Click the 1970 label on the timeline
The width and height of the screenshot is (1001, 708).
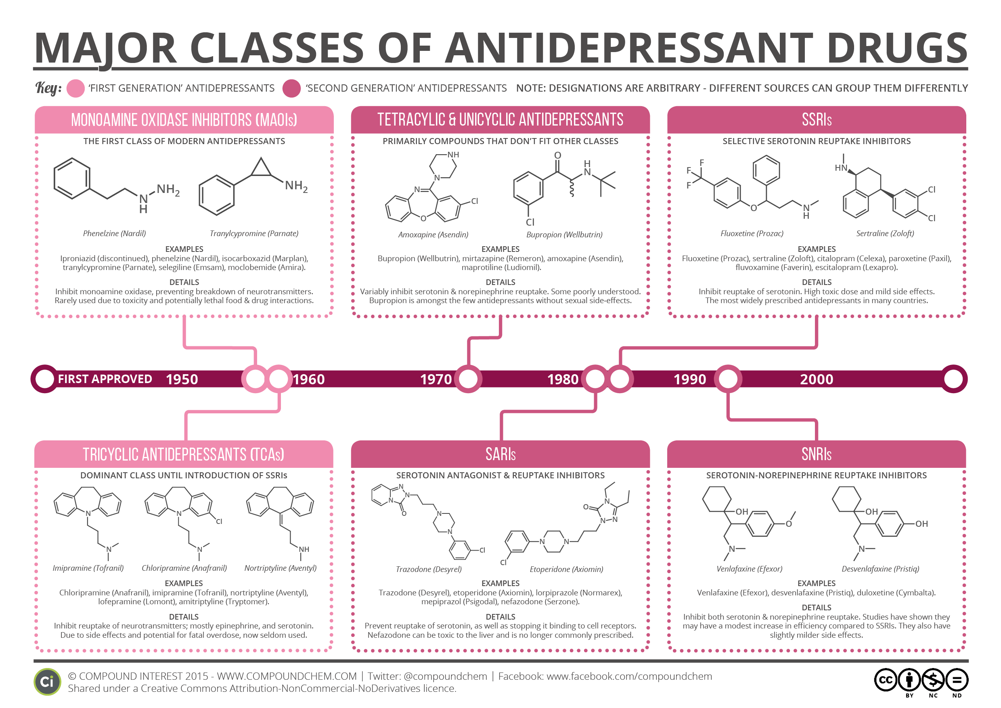coord(436,379)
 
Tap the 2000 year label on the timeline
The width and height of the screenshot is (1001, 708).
coord(816,379)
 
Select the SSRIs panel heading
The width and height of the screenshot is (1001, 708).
coord(817,119)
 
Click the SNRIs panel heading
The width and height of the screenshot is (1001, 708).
coord(816,454)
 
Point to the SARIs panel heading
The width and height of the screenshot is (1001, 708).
coord(500,454)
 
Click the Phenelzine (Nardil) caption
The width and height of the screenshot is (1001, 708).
coord(114,234)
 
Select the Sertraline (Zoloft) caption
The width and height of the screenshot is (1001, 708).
coord(885,234)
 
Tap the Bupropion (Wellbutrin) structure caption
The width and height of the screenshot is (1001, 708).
coord(564,235)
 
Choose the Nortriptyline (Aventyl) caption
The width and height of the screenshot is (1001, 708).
coord(281,568)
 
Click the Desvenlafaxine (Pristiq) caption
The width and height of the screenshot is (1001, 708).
coord(880,569)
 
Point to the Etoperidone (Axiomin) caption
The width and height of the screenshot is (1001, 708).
coord(566,570)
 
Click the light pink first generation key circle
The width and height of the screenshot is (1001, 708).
coord(75,88)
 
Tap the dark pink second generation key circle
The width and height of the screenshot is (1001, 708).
coord(291,88)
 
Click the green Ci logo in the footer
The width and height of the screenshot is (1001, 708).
coord(47,682)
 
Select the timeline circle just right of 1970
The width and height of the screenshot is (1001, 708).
coord(468,379)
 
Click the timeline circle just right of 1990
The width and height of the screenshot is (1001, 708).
coord(728,379)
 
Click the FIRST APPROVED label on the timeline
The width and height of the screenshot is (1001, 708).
coord(105,379)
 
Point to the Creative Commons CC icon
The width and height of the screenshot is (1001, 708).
coord(886,680)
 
